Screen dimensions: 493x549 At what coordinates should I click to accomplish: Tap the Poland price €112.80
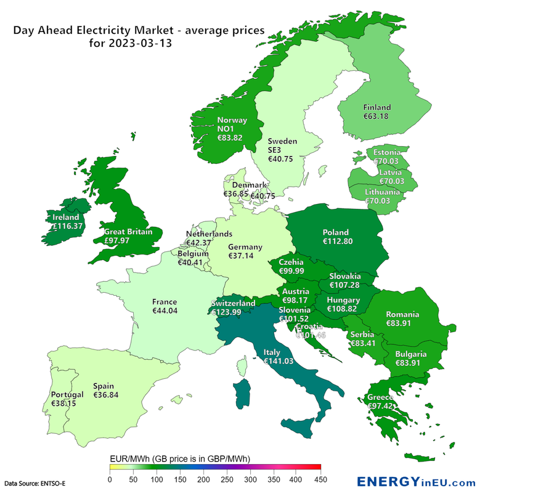click(x=338, y=242)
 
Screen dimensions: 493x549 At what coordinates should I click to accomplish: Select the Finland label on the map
click(x=376, y=107)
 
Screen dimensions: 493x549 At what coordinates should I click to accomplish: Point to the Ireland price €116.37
click(x=67, y=226)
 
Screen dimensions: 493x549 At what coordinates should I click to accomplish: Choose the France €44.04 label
click(x=165, y=311)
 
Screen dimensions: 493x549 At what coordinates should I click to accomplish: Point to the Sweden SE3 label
click(x=282, y=145)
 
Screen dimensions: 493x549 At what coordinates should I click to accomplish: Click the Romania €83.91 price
click(x=404, y=324)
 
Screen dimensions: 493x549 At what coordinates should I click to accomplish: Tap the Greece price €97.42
click(x=381, y=407)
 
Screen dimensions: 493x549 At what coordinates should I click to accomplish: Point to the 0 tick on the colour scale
click(x=110, y=479)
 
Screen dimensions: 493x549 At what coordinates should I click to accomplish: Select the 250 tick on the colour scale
click(x=227, y=479)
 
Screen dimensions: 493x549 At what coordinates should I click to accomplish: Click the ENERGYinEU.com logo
click(x=417, y=482)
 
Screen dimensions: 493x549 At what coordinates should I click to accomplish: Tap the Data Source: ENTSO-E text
click(x=35, y=483)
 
